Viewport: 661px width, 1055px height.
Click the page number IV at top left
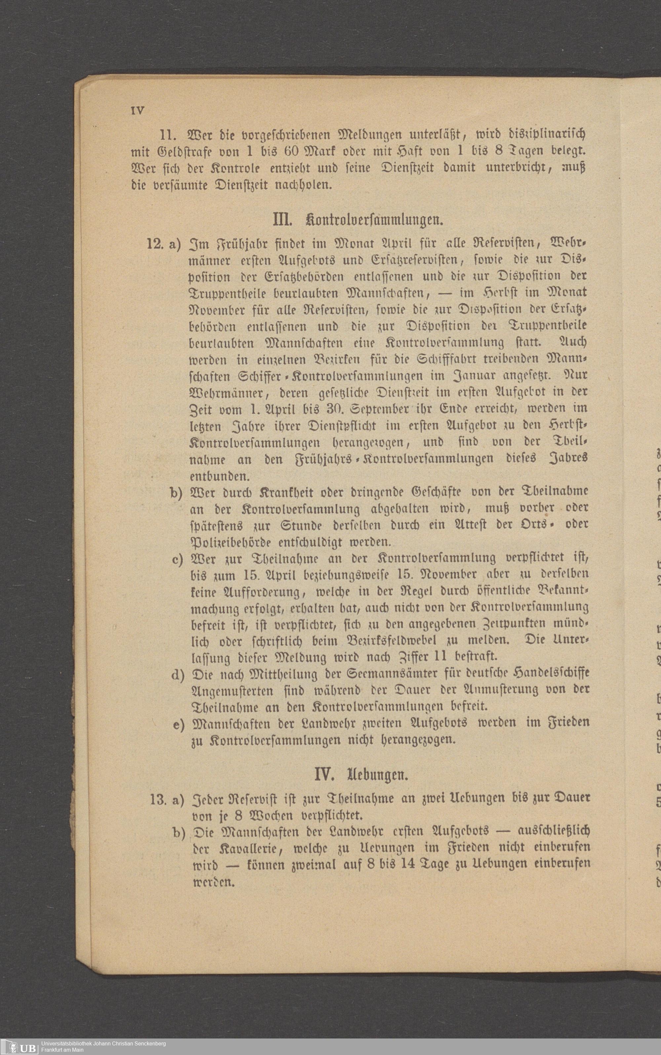(x=137, y=111)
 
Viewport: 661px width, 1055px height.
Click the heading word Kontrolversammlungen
(x=375, y=219)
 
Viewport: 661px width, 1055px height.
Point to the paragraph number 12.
(x=155, y=243)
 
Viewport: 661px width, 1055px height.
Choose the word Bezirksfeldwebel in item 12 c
(x=387, y=640)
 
